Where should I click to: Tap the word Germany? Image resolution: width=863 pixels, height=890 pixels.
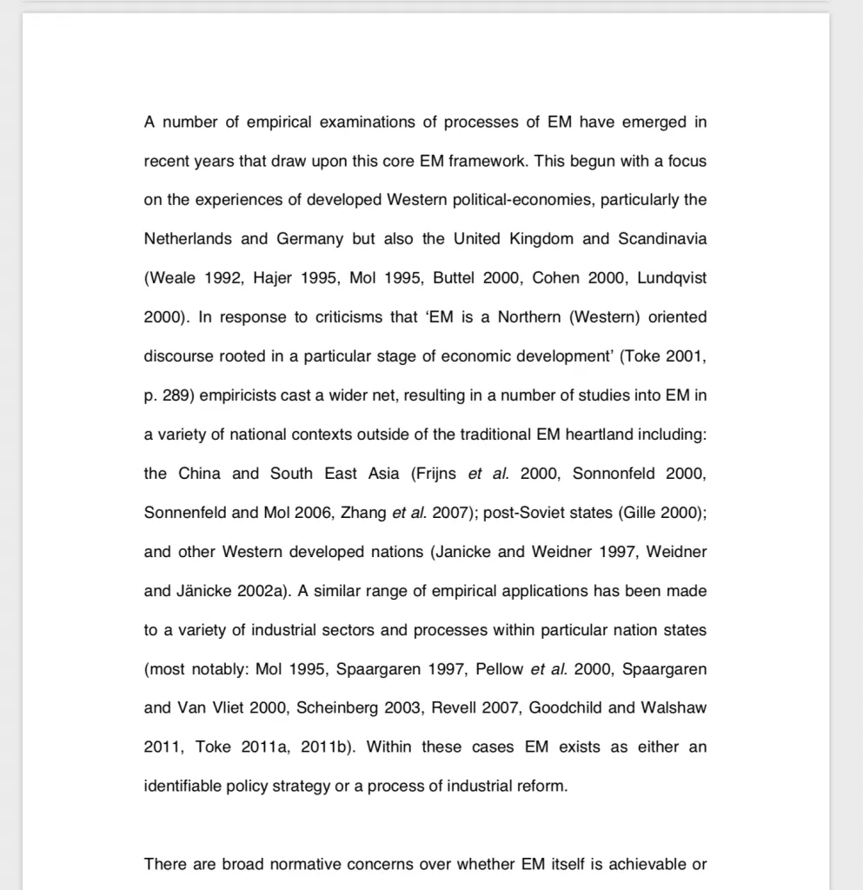pyautogui.click(x=310, y=239)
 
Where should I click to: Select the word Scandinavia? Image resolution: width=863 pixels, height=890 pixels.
pyautogui.click(x=662, y=239)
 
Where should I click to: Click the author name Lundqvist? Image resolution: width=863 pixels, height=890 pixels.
pyautogui.click(x=672, y=278)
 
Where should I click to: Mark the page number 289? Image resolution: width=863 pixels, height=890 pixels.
pyautogui.click(x=176, y=395)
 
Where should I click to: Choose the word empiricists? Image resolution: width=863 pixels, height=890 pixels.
pyautogui.click(x=238, y=395)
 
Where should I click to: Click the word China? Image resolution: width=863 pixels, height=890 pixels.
pyautogui.click(x=200, y=474)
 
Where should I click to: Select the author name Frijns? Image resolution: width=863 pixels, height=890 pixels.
pyautogui.click(x=435, y=474)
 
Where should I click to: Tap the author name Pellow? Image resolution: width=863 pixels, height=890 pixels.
pyautogui.click(x=499, y=669)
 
